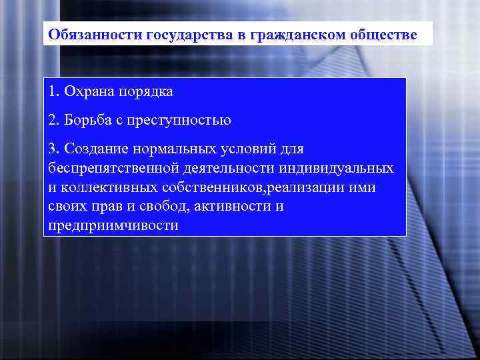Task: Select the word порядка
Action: coord(146,90)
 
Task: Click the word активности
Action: coord(231,206)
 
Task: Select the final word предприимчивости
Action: coord(113,225)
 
